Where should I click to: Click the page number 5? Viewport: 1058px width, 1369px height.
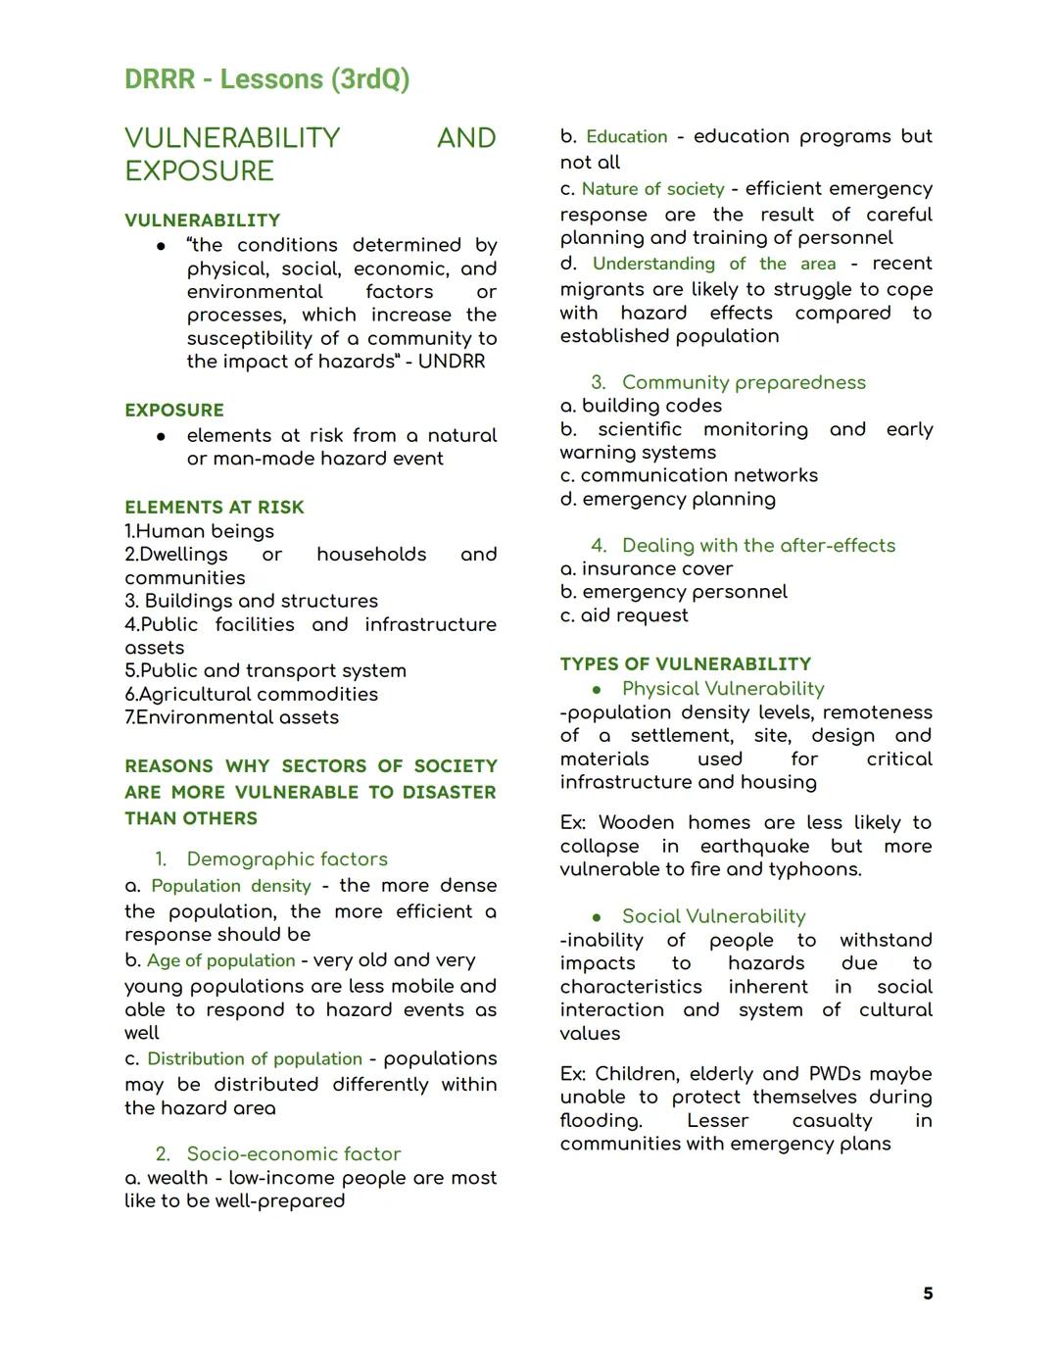pos(927,1294)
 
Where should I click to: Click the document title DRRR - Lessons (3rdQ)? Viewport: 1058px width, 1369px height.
pos(266,79)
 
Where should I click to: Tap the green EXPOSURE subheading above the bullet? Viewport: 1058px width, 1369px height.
pos(174,411)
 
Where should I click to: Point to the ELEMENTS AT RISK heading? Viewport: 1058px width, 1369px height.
pos(214,508)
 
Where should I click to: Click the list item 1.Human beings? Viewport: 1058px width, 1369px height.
pos(199,531)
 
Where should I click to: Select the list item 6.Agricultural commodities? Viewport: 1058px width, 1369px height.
pos(251,695)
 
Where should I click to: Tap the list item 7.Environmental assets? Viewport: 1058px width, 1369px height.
pos(231,717)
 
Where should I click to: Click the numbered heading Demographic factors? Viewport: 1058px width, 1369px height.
pos(287,859)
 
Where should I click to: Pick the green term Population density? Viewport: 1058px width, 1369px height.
pos(231,886)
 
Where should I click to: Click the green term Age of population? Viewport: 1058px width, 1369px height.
pos(220,961)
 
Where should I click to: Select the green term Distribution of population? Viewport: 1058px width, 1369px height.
pos(255,1059)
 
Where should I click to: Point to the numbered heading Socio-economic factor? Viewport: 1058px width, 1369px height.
pos(294,1154)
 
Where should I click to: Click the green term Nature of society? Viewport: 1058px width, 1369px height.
pos(652,189)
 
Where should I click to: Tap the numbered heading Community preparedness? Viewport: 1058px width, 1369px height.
pos(744,383)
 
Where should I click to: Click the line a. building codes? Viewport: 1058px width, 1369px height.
pos(641,406)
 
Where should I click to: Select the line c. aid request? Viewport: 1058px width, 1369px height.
pos(624,615)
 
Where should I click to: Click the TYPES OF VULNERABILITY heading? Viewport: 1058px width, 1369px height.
pos(686,664)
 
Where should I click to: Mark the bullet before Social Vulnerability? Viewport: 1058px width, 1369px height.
pos(597,917)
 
